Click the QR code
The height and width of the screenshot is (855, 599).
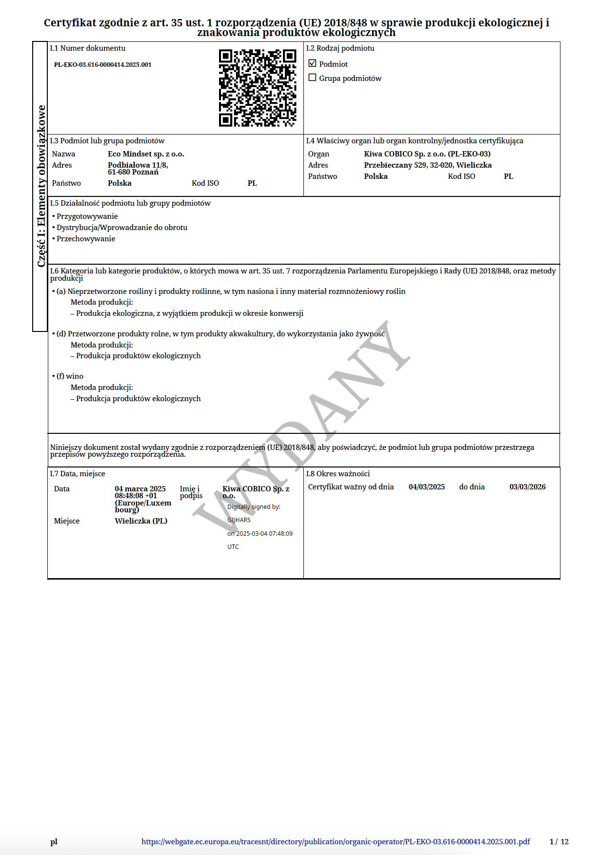[x=258, y=88]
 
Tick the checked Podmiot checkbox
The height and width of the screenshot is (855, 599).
[x=313, y=63]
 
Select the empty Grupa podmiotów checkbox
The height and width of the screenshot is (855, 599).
[x=313, y=78]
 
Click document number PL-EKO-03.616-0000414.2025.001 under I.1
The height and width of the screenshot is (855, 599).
[x=102, y=64]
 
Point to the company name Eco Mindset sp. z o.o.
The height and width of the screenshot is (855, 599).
[x=146, y=154]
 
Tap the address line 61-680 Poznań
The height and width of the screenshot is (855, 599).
[x=133, y=172]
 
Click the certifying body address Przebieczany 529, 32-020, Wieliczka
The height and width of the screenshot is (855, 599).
[x=427, y=165]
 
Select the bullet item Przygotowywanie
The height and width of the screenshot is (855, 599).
[x=87, y=216]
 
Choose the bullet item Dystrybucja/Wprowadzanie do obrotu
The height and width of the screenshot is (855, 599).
[x=121, y=228]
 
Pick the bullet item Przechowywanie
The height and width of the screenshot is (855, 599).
[x=86, y=239]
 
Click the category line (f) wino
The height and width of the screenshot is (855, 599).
[x=70, y=376]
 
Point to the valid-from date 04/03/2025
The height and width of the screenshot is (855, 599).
[x=426, y=487]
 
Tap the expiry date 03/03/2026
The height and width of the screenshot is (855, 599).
[x=527, y=487]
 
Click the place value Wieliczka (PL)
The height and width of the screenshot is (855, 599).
[x=141, y=521]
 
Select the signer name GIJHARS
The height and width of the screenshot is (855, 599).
[x=239, y=520]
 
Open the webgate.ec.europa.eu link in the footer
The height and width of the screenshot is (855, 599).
[x=336, y=842]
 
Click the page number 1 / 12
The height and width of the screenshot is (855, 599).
[x=559, y=842]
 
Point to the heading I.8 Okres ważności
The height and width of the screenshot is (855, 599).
[x=338, y=474]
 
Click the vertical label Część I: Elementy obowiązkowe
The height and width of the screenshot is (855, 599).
[x=41, y=186]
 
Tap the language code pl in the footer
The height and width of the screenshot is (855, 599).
[x=54, y=842]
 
